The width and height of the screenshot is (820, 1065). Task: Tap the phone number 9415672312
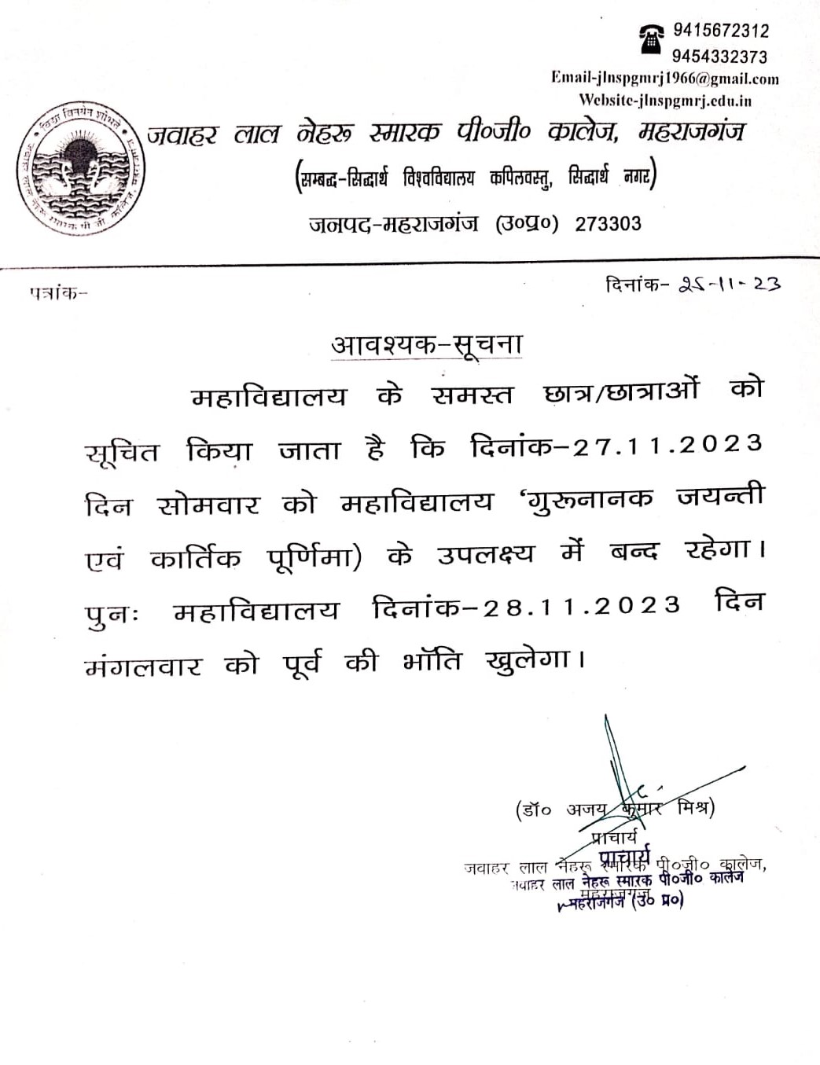click(x=721, y=31)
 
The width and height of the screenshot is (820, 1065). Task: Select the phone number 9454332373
click(x=719, y=57)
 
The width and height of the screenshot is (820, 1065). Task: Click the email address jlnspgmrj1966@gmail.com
click(x=665, y=79)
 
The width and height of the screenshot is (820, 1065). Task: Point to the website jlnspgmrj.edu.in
click(x=665, y=101)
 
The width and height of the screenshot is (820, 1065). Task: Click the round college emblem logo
click(x=80, y=168)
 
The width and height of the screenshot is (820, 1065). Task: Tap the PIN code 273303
click(x=608, y=224)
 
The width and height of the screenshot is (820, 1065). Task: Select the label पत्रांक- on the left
click(x=58, y=293)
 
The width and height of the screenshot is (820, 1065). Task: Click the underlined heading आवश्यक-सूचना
click(x=427, y=344)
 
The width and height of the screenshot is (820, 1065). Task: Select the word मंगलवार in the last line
click(x=143, y=667)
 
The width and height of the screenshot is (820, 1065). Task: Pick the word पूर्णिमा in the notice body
click(x=314, y=557)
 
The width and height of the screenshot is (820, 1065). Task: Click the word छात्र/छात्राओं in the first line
click(x=620, y=392)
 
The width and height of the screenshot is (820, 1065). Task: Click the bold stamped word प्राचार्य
click(x=625, y=856)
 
